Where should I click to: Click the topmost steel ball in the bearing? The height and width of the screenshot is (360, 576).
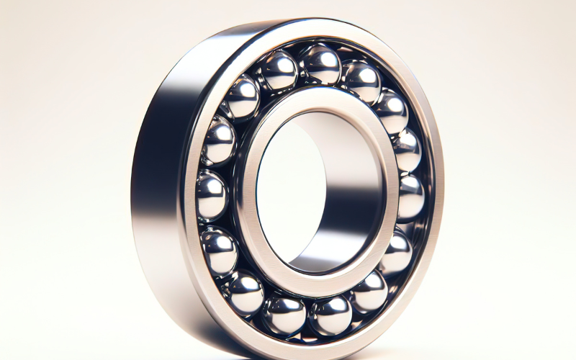point(320,65)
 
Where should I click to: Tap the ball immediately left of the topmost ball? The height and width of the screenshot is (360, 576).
point(279,71)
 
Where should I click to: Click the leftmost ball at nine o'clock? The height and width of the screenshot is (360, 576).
point(213,194)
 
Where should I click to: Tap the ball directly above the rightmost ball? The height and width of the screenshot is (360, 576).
point(406,149)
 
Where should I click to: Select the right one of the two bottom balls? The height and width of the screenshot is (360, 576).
point(330,315)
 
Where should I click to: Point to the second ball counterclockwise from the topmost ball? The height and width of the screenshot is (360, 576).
point(243,97)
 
